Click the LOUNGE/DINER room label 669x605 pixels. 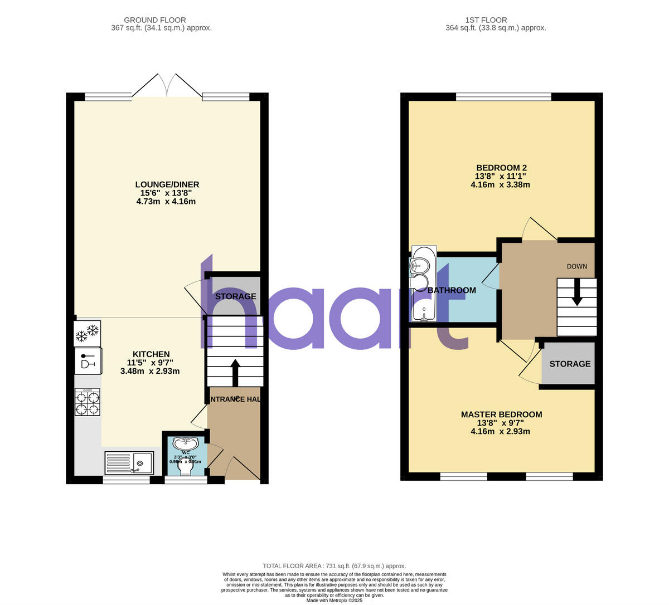pos(167,184)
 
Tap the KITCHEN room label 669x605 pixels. pos(151,354)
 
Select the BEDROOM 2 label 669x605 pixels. pos(501,168)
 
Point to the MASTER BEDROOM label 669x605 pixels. pos(501,414)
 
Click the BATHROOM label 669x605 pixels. pos(452,290)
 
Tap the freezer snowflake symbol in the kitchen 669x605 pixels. pos(88,333)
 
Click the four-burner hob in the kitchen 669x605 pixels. pos(88,402)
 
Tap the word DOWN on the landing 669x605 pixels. pos(577,266)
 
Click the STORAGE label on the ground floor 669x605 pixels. pos(236,296)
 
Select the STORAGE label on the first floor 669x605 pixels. pos(570,364)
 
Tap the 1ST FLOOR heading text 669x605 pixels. pos(484,20)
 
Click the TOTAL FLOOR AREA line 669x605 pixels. pos(334,566)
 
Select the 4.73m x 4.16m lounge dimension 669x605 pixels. pos(166,201)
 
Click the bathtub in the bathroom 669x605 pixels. pos(424,285)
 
